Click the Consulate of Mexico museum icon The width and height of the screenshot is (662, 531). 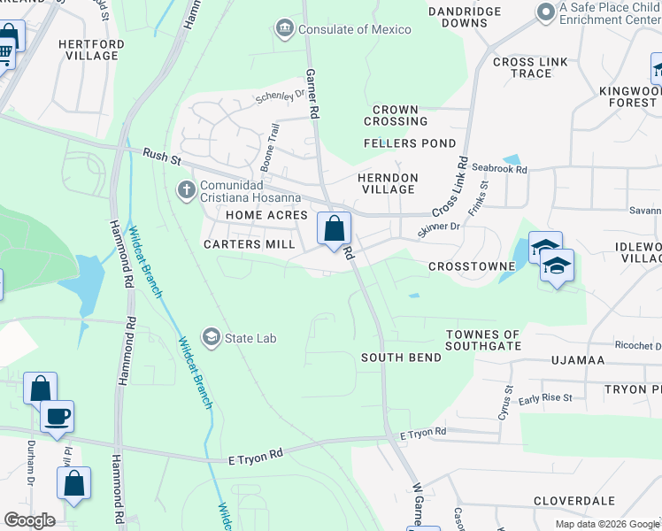point(285,29)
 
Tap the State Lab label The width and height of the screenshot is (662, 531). point(252,336)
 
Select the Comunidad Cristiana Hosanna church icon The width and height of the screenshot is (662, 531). point(186,189)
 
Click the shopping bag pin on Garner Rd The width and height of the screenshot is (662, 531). point(334,229)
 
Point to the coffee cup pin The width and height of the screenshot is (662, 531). point(57,416)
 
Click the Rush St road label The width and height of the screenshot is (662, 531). point(161,158)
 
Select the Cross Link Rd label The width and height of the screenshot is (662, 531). point(450,186)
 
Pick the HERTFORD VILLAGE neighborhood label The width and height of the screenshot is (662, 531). point(88,50)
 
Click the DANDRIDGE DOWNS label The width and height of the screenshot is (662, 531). point(465,18)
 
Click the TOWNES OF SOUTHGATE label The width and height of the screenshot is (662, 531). point(483,339)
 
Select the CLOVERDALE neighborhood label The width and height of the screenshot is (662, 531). point(574,500)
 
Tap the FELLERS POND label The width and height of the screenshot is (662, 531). point(410,143)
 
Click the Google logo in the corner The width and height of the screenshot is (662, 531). point(29,520)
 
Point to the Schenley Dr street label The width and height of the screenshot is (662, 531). point(280,94)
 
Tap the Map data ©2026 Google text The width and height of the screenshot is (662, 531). point(606,524)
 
